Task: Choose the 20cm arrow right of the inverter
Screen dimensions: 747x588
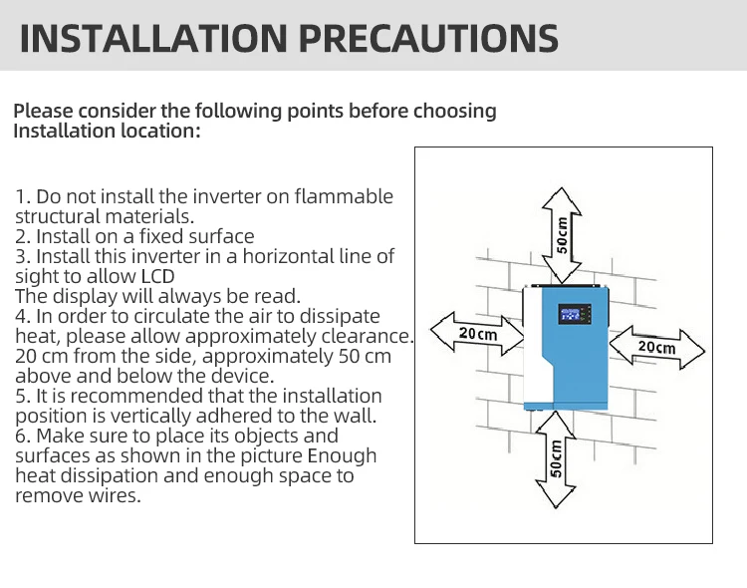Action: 656,347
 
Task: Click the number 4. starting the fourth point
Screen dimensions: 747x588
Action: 23,316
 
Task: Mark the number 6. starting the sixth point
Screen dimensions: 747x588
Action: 23,436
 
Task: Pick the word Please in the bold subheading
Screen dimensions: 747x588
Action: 44,111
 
